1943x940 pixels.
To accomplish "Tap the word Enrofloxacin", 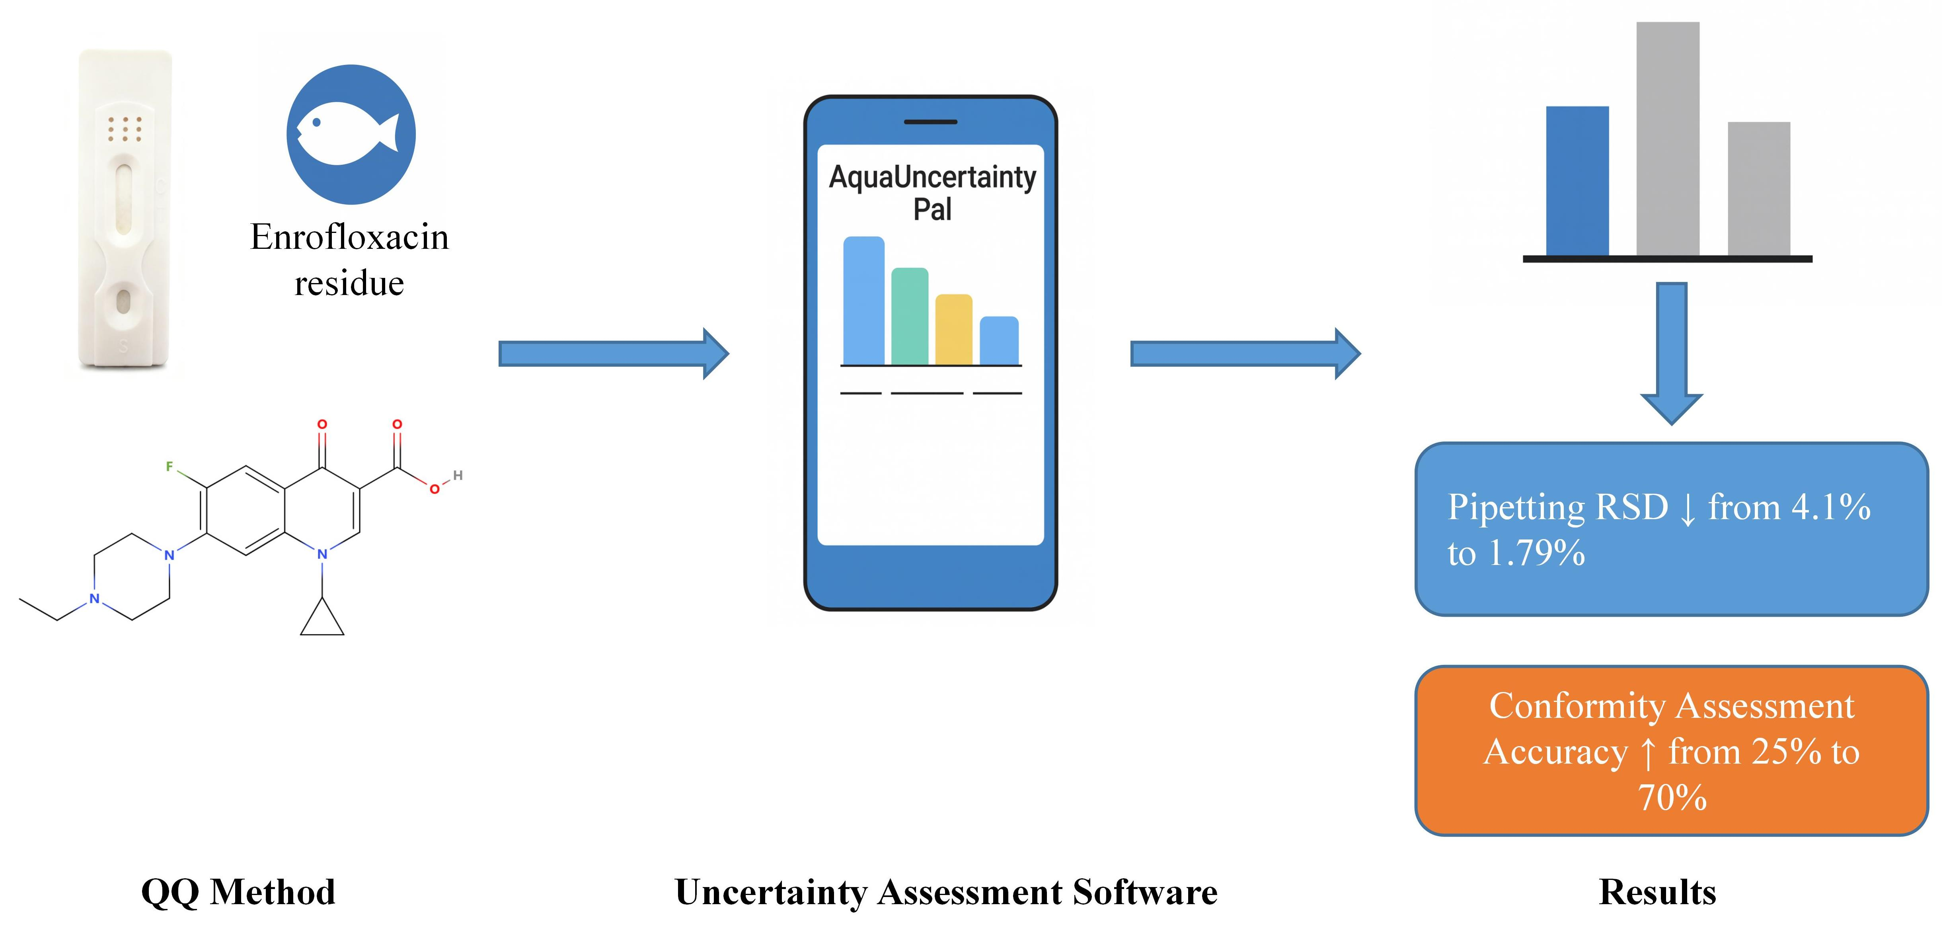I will click(349, 237).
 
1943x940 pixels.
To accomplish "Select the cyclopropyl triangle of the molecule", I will click(322, 621).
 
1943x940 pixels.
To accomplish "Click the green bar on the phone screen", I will click(910, 317).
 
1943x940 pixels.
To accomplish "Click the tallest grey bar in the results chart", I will click(1668, 140).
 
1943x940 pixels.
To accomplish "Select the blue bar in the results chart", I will click(1577, 181).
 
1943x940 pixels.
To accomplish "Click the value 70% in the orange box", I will click(1672, 797).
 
